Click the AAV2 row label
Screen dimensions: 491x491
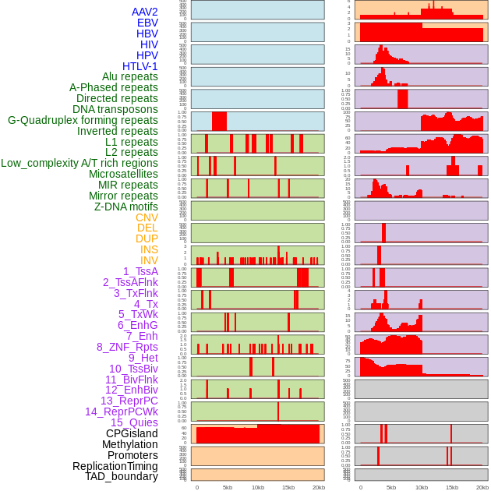[145, 12]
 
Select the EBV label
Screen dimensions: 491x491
[147, 23]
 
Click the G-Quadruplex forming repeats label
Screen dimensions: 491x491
[83, 121]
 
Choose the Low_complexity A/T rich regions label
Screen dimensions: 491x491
[79, 164]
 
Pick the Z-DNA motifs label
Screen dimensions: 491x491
[125, 207]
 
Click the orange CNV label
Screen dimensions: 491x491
[147, 217]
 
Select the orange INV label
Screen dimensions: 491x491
[149, 260]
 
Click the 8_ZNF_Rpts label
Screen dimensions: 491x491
[127, 347]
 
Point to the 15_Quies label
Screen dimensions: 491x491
[133, 422]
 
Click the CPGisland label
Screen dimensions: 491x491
[132, 433]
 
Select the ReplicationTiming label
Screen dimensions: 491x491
[115, 466]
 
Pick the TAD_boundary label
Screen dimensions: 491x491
[122, 476]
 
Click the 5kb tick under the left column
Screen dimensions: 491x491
[228, 487]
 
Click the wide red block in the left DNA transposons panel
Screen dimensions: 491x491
[219, 121]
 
